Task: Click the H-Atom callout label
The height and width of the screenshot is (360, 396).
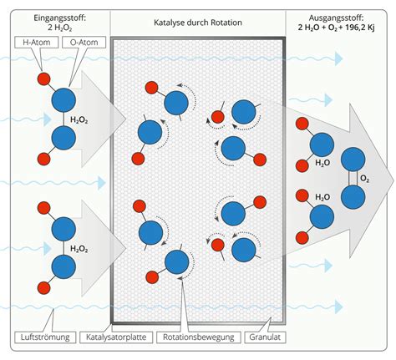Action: (37, 43)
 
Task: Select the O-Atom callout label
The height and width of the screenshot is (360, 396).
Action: (84, 43)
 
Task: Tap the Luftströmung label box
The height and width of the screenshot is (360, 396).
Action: (45, 337)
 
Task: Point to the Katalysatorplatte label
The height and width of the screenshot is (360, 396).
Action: (116, 337)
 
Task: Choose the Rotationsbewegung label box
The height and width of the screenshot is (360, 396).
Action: (199, 337)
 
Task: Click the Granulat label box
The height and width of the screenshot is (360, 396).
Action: (265, 337)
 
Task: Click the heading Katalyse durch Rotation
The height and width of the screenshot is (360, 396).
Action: (198, 23)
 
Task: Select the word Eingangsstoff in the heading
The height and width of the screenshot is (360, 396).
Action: (59, 18)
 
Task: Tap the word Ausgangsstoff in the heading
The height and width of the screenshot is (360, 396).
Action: (336, 18)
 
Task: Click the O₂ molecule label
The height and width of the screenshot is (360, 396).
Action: (364, 179)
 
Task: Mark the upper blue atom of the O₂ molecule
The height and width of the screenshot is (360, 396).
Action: (353, 160)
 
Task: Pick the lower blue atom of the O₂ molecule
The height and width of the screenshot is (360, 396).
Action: (353, 197)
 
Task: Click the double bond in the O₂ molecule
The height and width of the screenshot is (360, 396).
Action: (353, 178)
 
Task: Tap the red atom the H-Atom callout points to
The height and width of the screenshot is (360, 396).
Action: (44, 79)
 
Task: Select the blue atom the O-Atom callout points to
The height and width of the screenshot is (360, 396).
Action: (63, 100)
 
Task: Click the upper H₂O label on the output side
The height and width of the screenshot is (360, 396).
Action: (322, 163)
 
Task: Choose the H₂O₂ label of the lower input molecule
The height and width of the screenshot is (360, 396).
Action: (79, 248)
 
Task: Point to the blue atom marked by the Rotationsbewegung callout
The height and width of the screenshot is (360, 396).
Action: (177, 262)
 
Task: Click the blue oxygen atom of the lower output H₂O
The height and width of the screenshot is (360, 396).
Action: (322, 216)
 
